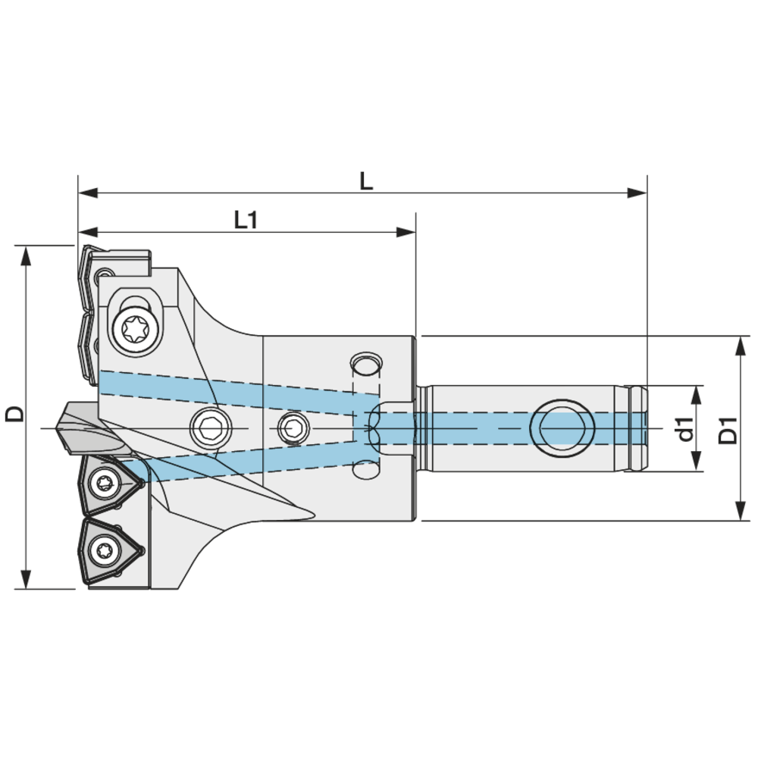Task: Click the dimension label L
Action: tap(366, 180)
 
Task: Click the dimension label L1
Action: tap(246, 220)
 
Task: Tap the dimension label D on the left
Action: tap(14, 414)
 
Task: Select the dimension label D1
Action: tap(728, 430)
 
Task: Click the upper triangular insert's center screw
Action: tap(104, 481)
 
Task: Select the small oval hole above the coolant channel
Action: tap(365, 364)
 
